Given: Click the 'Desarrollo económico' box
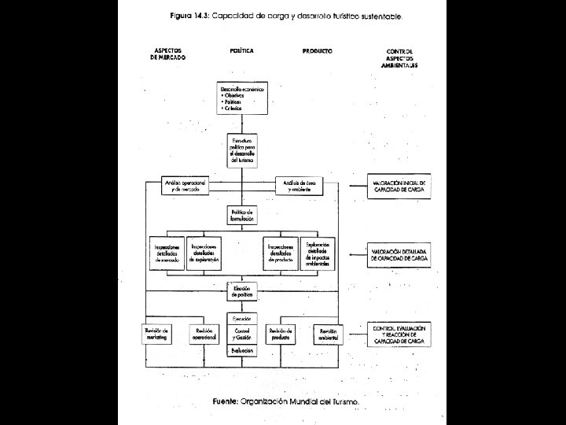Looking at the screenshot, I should click(x=243, y=98).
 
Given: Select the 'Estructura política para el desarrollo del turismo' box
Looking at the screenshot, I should click(x=243, y=148).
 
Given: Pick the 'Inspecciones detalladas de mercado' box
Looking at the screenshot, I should click(x=167, y=253).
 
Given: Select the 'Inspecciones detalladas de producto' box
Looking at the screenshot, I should click(x=281, y=253).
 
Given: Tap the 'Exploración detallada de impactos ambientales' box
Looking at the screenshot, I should click(x=318, y=253).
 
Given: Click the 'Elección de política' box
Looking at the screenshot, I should click(x=243, y=290).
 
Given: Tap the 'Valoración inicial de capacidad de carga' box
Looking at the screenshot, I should click(x=399, y=186).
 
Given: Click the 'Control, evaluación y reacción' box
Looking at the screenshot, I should click(x=399, y=334).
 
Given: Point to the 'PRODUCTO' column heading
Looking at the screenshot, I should click(x=317, y=51).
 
